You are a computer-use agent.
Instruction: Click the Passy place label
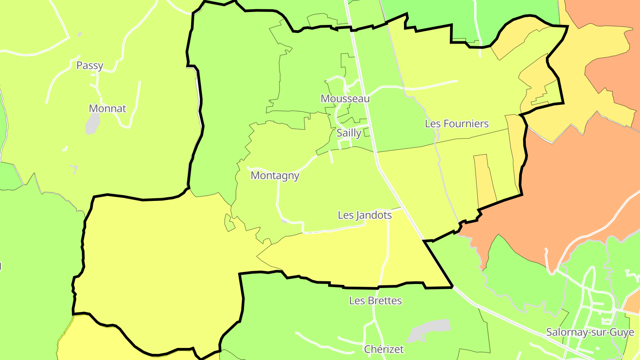(90, 66)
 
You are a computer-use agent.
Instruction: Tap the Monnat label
(108, 108)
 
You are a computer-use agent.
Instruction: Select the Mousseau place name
(345, 99)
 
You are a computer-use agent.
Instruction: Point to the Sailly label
(349, 133)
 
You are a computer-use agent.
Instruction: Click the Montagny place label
(275, 176)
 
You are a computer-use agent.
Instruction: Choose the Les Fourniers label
(457, 124)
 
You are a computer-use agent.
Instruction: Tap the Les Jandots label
(365, 215)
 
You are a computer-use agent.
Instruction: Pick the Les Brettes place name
(376, 301)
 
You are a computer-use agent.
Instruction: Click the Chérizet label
(384, 349)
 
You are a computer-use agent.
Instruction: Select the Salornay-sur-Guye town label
(590, 332)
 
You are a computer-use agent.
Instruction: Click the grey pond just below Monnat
(92, 124)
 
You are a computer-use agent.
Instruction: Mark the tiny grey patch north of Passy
(80, 34)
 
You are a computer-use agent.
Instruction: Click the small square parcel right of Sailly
(367, 132)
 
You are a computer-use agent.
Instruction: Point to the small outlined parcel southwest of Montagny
(229, 223)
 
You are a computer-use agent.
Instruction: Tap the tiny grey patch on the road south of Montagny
(284, 220)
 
